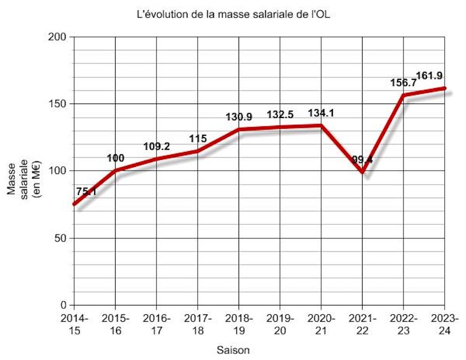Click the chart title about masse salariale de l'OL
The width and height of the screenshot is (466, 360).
point(233,14)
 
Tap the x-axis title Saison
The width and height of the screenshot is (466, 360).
point(233,349)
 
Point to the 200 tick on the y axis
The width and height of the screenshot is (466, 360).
point(59,37)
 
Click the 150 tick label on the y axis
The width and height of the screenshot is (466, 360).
point(59,104)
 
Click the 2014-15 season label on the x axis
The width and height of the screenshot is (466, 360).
point(74,324)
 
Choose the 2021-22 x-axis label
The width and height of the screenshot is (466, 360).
point(362,324)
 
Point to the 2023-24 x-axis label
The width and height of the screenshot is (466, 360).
point(445,324)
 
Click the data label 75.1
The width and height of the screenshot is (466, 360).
point(86,191)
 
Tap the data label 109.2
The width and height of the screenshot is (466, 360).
point(156,146)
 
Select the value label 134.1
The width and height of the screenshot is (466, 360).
point(322,113)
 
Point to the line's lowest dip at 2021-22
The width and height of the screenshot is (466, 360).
point(363,172)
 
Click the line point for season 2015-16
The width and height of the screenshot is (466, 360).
point(115,170)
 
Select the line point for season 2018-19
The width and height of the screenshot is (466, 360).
point(239,129)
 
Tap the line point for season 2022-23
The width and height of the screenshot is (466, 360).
point(404,95)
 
